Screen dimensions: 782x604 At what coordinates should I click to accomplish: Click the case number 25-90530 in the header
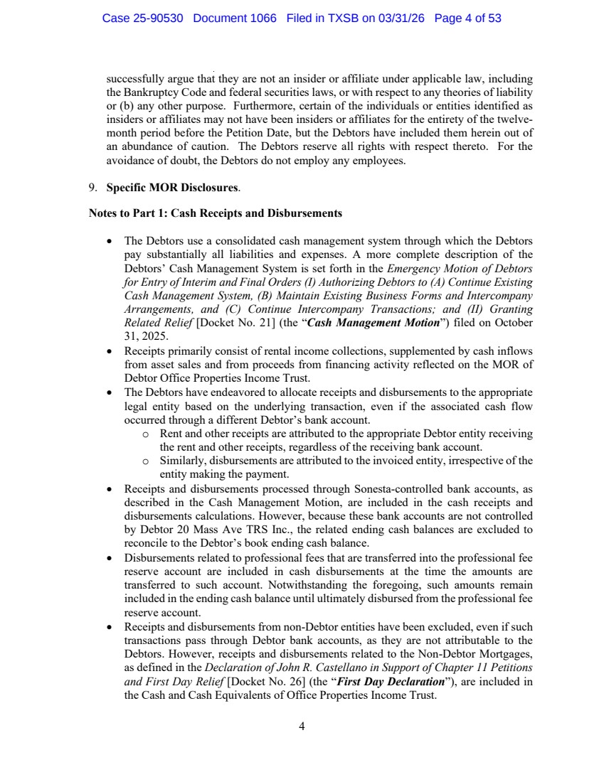click(158, 18)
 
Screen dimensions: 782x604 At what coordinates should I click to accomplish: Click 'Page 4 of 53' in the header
click(467, 18)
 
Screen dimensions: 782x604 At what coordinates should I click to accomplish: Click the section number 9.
click(92, 189)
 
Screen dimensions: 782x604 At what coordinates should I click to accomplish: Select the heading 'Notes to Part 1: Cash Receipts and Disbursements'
click(215, 213)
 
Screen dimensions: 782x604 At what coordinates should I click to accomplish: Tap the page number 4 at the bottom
click(302, 727)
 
